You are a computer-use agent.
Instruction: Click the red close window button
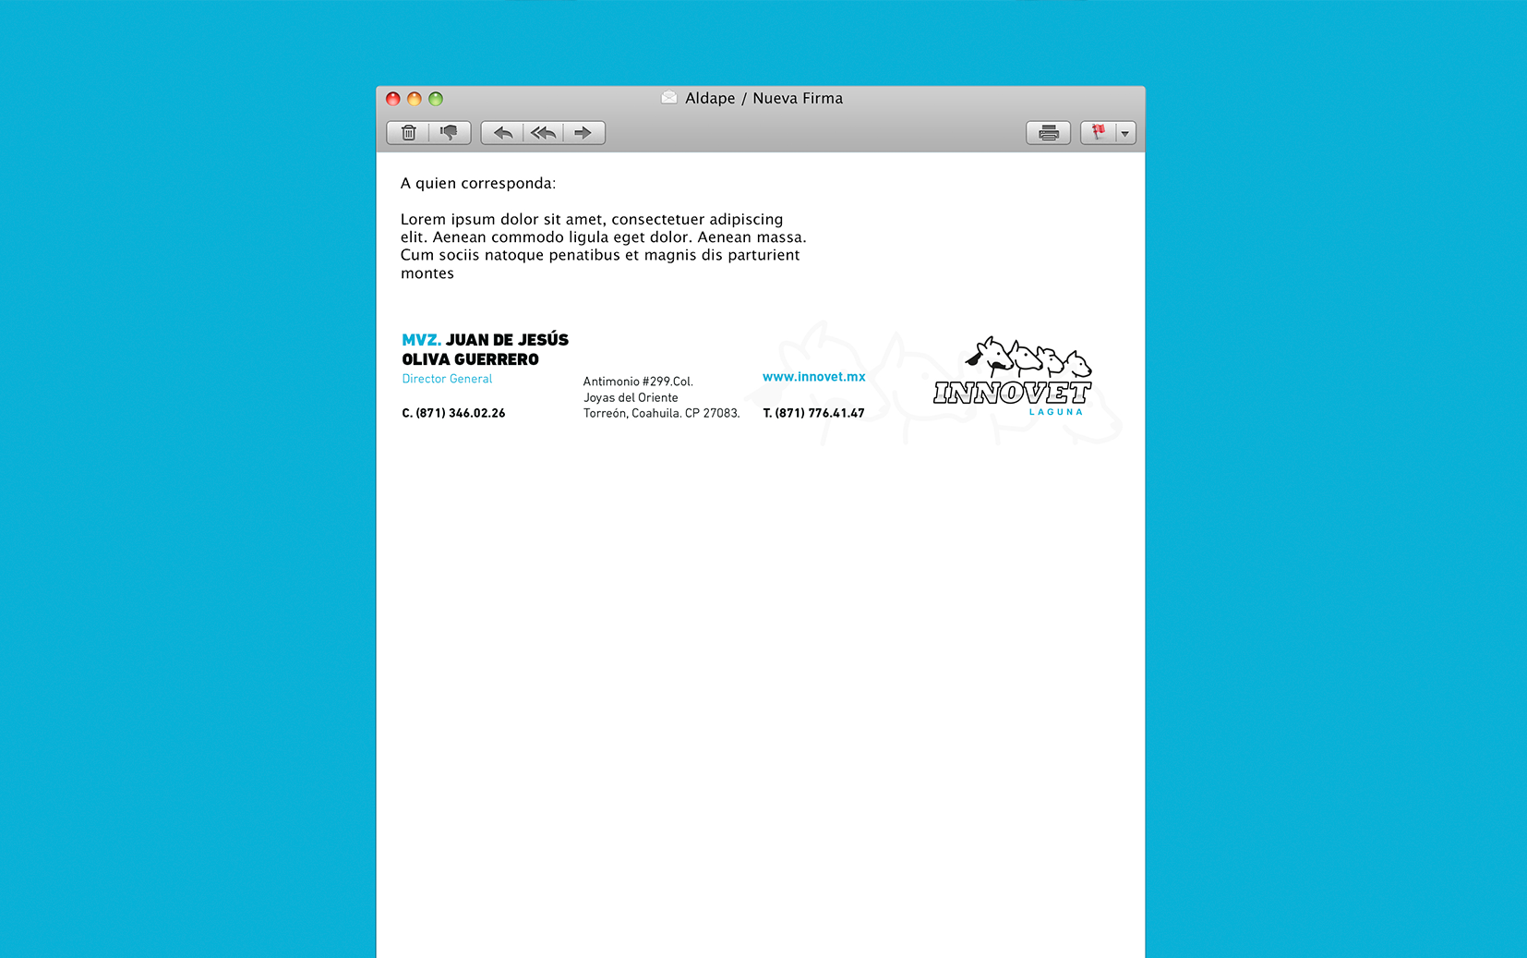coord(393,99)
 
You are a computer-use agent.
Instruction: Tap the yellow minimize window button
coord(415,99)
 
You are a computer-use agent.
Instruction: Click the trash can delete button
coord(409,133)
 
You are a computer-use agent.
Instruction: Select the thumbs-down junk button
coord(450,133)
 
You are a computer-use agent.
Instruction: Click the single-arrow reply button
coord(503,133)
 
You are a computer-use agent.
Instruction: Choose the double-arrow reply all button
coord(544,133)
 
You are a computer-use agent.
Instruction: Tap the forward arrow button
coord(583,133)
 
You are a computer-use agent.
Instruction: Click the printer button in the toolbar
coord(1048,133)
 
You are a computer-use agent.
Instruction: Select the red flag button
coord(1099,133)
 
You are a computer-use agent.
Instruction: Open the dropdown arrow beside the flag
coord(1125,133)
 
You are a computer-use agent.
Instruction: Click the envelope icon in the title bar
coord(669,98)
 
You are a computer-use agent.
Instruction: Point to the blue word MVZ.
coord(421,340)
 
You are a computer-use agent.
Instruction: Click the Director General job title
coord(447,379)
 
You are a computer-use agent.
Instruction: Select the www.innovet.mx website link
coord(813,377)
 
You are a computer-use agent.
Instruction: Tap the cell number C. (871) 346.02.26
coord(453,413)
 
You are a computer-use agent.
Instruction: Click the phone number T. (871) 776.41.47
coord(813,413)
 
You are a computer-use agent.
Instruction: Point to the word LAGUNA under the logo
coord(1055,412)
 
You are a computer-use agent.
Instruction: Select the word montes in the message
coord(427,273)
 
